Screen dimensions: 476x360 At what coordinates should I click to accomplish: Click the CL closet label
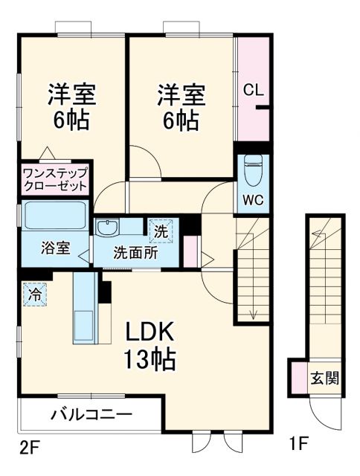click(253, 91)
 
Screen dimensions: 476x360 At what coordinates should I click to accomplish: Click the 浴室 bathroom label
click(55, 248)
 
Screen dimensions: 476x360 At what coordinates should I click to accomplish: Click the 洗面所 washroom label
click(135, 251)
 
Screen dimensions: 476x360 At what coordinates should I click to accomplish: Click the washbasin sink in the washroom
click(108, 228)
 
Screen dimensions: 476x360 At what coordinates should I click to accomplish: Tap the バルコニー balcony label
click(91, 414)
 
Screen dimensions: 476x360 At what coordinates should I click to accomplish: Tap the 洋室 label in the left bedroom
click(72, 95)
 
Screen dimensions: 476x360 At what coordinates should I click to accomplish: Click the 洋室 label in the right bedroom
click(181, 95)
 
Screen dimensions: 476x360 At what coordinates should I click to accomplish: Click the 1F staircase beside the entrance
click(324, 283)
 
